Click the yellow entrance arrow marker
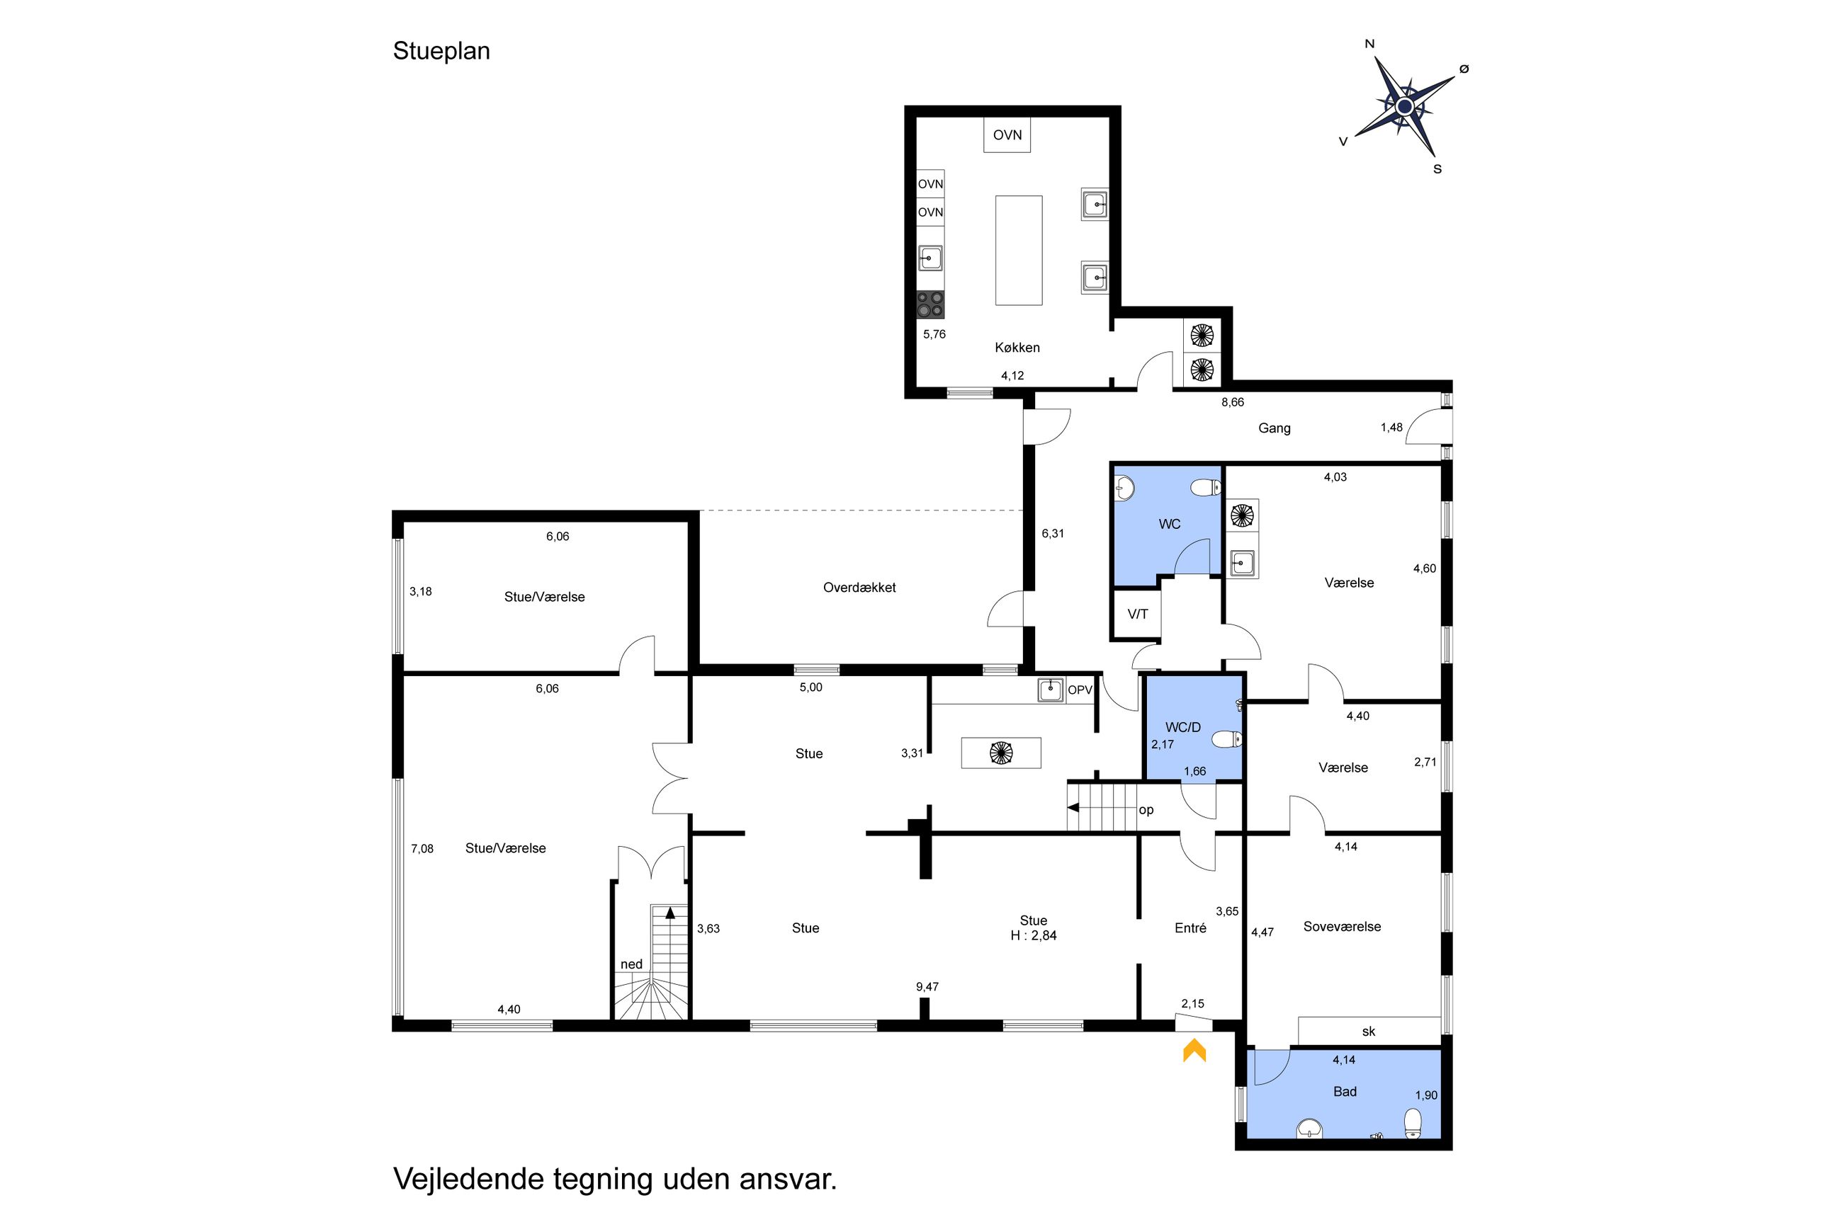point(1194,1050)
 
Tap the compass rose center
point(1404,106)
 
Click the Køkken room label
point(1017,348)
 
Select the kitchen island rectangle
point(1019,251)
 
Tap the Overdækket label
point(859,588)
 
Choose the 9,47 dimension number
point(927,987)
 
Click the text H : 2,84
point(1034,935)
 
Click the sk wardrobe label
point(1368,1032)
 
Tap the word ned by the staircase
point(631,964)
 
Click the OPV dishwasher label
point(1080,690)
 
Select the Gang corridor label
point(1274,428)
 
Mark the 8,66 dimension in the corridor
point(1232,402)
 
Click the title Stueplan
point(441,51)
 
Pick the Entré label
point(1190,928)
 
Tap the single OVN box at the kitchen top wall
point(1007,135)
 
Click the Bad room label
point(1344,1092)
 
